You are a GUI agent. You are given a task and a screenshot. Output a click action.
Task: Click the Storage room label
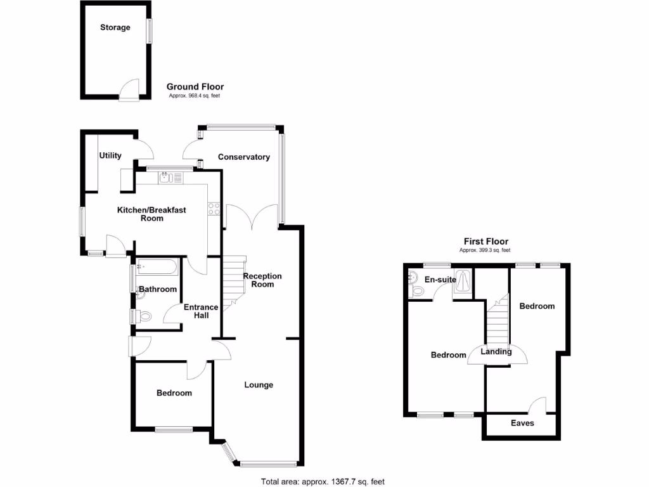pyautogui.click(x=115, y=28)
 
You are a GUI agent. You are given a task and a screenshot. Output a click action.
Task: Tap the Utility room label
pyautogui.click(x=110, y=155)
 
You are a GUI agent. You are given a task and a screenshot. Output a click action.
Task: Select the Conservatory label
pyautogui.click(x=244, y=157)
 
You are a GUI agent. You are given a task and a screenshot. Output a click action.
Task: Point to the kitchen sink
pyautogui.click(x=166, y=178)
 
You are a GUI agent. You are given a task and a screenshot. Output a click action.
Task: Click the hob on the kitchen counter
pyautogui.click(x=214, y=209)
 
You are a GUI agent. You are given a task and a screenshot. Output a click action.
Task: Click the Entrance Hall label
pyautogui.click(x=201, y=311)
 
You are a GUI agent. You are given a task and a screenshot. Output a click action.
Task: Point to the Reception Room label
pyautogui.click(x=262, y=280)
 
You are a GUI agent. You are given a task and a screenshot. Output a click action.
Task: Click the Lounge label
pyautogui.click(x=259, y=385)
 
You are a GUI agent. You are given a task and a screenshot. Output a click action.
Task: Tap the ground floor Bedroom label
pyautogui.click(x=174, y=393)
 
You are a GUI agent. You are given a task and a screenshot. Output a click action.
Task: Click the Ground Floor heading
pyautogui.click(x=195, y=87)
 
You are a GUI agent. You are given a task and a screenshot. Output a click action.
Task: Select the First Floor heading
pyautogui.click(x=485, y=242)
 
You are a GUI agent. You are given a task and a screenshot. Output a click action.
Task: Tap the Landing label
pyautogui.click(x=496, y=352)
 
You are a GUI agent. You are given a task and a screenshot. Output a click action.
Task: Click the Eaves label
pyautogui.click(x=522, y=423)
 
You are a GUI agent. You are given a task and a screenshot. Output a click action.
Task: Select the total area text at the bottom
pyautogui.click(x=323, y=482)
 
